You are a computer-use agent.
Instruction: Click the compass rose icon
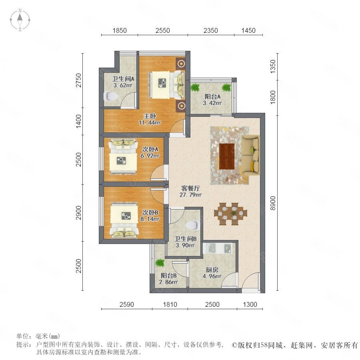click(x=20, y=20)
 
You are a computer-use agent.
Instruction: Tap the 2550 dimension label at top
click(x=162, y=30)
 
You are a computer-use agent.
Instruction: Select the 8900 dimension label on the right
click(x=272, y=203)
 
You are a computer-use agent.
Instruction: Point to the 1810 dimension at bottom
click(x=170, y=304)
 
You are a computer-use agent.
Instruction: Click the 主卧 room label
click(x=150, y=116)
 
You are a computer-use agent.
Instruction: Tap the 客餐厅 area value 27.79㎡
click(x=190, y=195)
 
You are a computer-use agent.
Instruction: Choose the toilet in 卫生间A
click(x=111, y=97)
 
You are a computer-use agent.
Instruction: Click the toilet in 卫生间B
click(x=192, y=225)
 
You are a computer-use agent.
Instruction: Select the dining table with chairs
click(x=230, y=214)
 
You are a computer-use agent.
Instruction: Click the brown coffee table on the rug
click(x=227, y=156)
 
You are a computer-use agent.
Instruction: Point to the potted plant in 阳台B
click(x=160, y=263)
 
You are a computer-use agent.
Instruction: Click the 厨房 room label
click(x=212, y=270)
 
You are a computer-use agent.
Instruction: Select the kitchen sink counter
click(x=218, y=248)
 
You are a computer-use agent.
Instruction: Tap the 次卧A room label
click(x=150, y=149)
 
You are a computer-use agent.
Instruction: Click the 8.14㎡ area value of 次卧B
click(x=150, y=219)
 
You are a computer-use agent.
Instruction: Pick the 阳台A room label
click(x=213, y=96)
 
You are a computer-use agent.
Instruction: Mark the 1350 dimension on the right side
click(x=272, y=66)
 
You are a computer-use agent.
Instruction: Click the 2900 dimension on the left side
click(x=78, y=213)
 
